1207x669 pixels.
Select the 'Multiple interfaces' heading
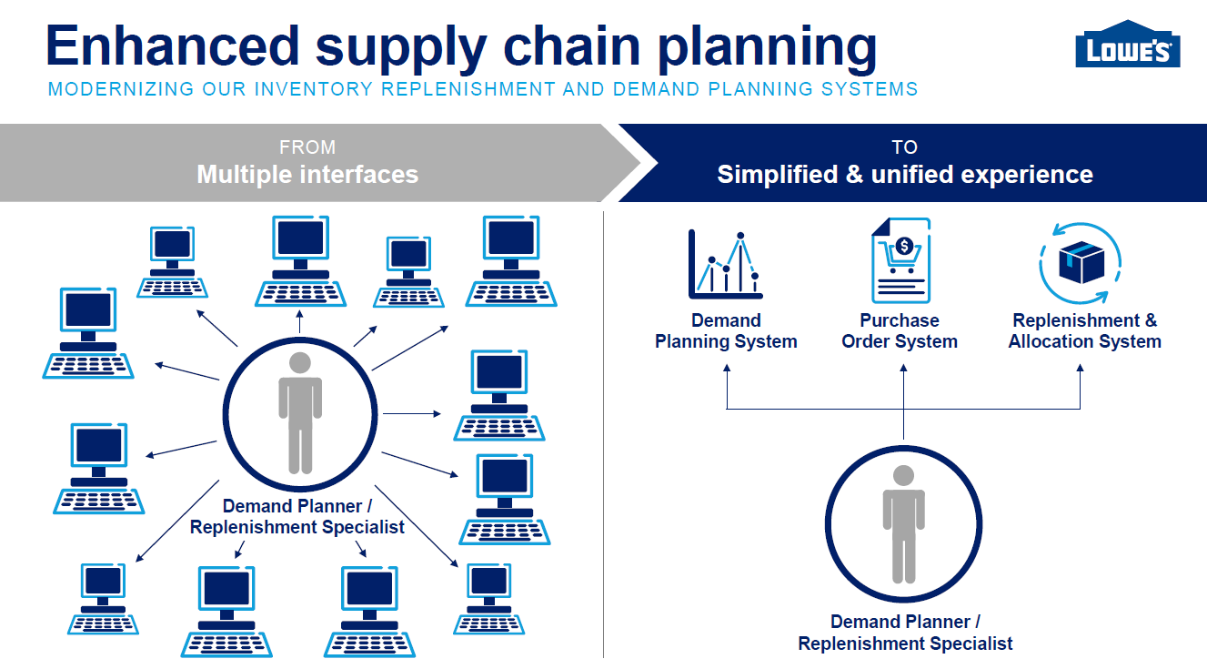click(307, 174)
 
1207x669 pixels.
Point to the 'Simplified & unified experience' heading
click(905, 174)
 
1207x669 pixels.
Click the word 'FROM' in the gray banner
click(307, 147)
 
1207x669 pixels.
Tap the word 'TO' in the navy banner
click(904, 147)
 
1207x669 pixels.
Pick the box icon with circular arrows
click(1078, 262)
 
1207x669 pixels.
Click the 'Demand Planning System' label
click(726, 331)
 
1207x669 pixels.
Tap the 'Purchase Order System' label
click(900, 331)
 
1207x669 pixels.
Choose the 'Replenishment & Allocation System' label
click(1084, 331)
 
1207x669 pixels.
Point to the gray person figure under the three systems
click(903, 523)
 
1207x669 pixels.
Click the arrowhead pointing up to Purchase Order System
click(903, 368)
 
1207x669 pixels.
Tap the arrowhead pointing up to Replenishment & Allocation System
click(1081, 368)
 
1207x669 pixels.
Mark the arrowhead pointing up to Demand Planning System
click(727, 368)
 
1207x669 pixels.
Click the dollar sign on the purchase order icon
click(904, 246)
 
